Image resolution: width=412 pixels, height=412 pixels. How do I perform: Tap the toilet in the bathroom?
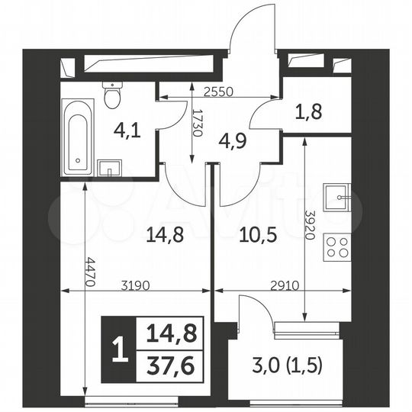coord(113,95)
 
